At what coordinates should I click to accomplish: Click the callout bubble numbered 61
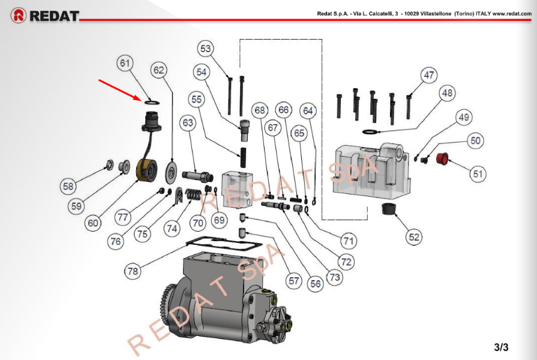[x=125, y=64]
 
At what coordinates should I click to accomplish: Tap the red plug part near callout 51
[x=443, y=160]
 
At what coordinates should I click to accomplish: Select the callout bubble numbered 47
[x=428, y=76]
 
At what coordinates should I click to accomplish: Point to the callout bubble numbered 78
[x=133, y=271]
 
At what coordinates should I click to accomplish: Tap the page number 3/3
[x=501, y=347]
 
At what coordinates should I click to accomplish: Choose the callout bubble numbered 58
[x=68, y=187]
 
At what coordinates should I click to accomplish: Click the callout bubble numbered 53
[x=206, y=48]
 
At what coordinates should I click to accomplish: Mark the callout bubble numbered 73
[x=335, y=278]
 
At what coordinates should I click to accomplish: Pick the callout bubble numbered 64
[x=308, y=110]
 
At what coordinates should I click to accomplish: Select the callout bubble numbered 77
[x=122, y=217]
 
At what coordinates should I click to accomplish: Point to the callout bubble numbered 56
[x=316, y=284]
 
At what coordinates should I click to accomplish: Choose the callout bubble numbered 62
[x=158, y=70]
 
